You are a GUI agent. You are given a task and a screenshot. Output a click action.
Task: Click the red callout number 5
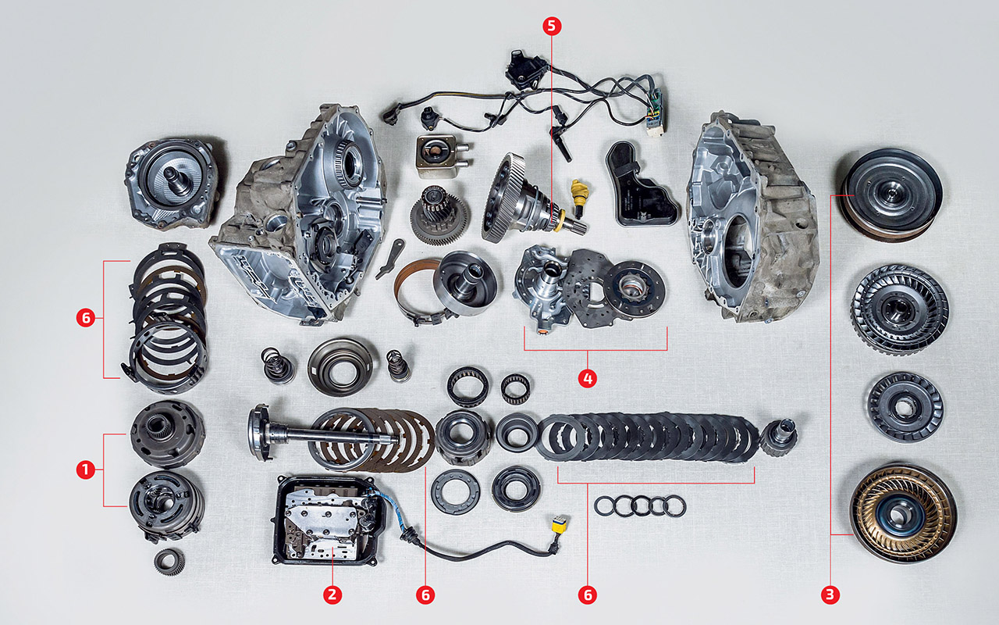(x=552, y=27)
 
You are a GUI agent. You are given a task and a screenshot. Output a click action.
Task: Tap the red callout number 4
(x=588, y=379)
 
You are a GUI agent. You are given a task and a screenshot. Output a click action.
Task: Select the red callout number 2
(x=332, y=595)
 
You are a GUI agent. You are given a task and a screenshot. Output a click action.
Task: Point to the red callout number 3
(x=830, y=595)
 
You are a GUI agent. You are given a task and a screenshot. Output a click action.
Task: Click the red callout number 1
(x=86, y=470)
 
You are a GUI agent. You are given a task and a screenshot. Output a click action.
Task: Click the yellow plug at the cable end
(x=560, y=525)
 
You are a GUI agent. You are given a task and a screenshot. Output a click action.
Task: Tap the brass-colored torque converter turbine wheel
(x=903, y=513)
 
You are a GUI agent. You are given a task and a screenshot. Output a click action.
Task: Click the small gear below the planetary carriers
(x=169, y=562)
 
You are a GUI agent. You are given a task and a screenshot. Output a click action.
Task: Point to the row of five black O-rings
(x=640, y=506)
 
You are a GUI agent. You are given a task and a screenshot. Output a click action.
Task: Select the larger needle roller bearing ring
(x=468, y=387)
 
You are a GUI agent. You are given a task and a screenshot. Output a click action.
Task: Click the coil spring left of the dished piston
(x=277, y=365)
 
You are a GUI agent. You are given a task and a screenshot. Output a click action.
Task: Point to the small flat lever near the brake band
(x=389, y=259)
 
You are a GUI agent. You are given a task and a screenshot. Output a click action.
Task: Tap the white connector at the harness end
(x=655, y=130)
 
